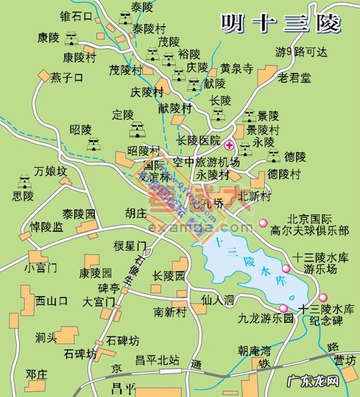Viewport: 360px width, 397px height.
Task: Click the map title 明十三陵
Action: click(281, 23)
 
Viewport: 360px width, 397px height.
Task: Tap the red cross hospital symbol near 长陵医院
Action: click(230, 145)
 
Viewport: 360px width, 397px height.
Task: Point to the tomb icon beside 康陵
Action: click(71, 39)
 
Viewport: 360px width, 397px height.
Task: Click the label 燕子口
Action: click(67, 77)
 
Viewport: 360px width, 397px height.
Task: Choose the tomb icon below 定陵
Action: click(136, 130)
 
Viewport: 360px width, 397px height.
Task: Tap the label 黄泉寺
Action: click(237, 69)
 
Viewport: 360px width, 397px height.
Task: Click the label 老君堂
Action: click(294, 77)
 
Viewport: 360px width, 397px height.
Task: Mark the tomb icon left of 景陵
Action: click(249, 115)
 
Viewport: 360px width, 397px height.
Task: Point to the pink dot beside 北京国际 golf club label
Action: click(263, 222)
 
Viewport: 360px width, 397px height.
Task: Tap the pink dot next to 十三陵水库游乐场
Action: click(286, 268)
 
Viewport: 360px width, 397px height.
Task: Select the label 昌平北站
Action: click(157, 360)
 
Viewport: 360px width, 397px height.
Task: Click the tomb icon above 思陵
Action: click(24, 182)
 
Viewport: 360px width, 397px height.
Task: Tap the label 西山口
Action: click(51, 300)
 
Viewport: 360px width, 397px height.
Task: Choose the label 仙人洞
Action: click(217, 299)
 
